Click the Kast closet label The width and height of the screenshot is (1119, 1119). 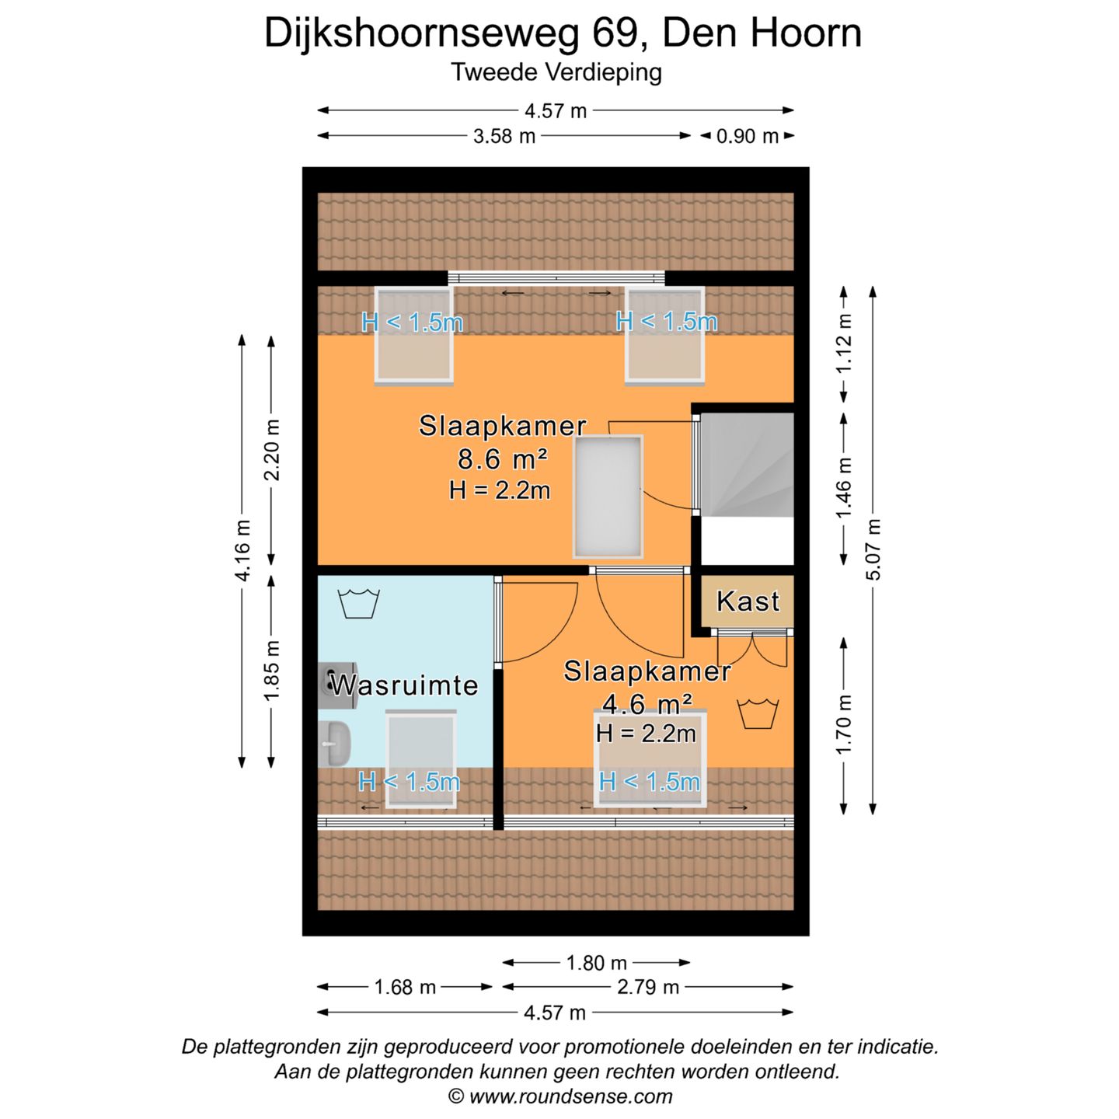748,601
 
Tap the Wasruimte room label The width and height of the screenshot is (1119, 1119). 404,685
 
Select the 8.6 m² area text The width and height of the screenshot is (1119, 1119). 502,459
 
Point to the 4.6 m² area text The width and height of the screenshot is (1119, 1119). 647,704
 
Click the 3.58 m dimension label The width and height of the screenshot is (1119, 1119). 504,136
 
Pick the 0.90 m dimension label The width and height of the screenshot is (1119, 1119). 747,136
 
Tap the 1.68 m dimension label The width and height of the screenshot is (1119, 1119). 405,987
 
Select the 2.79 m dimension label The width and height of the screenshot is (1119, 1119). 648,987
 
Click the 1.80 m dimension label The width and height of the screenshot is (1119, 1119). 596,963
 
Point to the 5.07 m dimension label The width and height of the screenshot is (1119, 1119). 873,549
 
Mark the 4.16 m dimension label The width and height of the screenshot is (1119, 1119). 242,550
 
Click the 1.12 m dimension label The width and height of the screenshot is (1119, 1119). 844,343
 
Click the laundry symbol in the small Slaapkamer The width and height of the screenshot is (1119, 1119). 757,713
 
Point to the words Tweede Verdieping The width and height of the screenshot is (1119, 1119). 556,72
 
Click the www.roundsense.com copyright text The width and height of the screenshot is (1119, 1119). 559,1096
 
